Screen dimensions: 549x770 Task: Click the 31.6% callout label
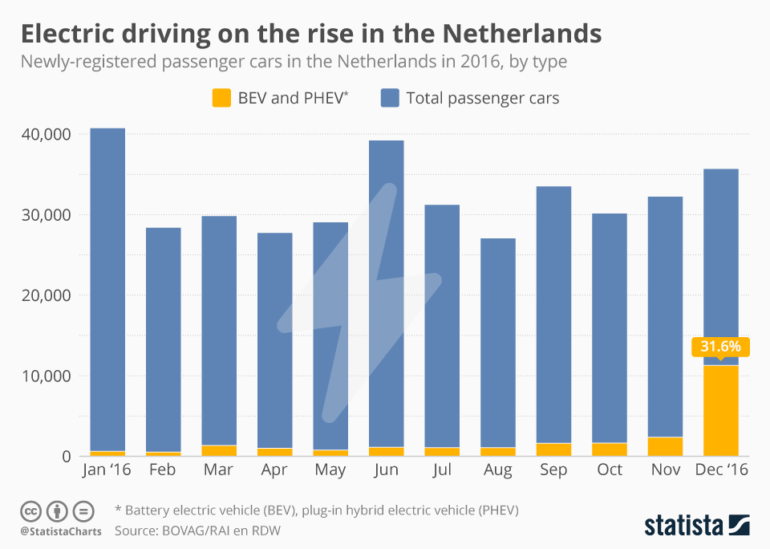[720, 348]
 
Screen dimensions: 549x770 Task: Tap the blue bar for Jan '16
[107, 289]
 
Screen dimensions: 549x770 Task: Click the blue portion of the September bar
[553, 313]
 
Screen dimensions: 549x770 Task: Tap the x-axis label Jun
[386, 470]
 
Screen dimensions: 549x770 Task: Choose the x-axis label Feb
[163, 470]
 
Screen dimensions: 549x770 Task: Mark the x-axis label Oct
[610, 470]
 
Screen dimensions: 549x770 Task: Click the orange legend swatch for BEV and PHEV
[221, 98]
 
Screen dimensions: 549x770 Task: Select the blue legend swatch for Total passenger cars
[389, 98]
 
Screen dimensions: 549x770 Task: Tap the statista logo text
[682, 526]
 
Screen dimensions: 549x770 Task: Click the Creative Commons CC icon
[31, 510]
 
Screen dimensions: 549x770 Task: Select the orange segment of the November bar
[665, 446]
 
